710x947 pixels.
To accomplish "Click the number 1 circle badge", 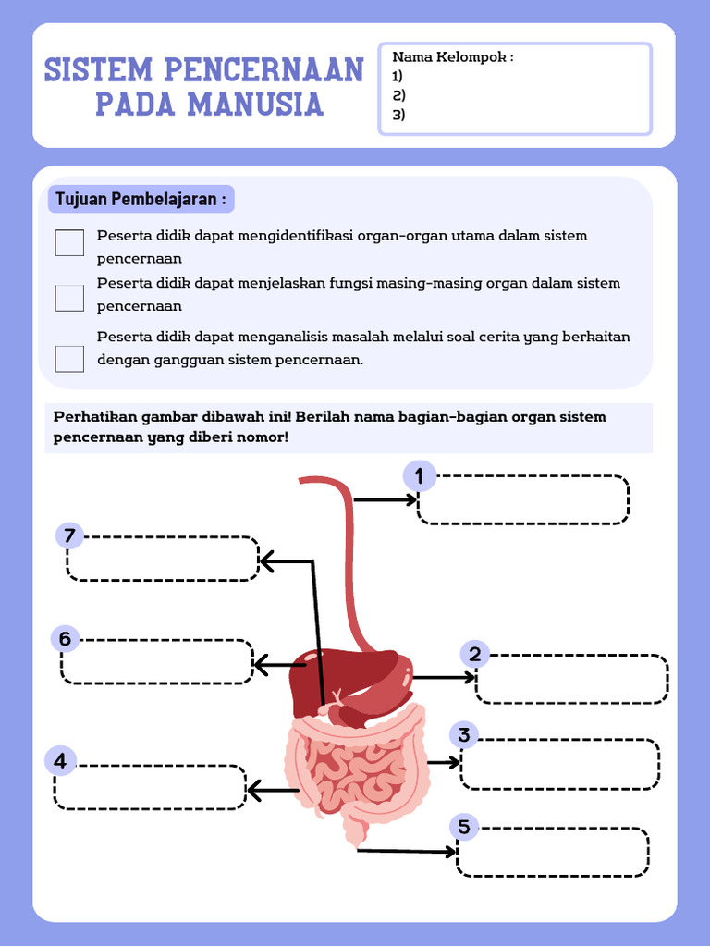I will (419, 477).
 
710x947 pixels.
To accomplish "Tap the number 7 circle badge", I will (69, 536).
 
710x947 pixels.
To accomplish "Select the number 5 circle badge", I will (463, 826).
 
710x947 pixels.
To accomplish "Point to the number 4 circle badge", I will (60, 762).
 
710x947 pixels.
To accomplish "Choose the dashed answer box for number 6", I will (156, 661).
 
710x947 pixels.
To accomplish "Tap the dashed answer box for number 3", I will (559, 764).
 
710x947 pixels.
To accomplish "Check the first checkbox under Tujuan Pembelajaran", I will (69, 242).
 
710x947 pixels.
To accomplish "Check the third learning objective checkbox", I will (69, 358).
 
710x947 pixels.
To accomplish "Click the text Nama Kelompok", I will (452, 57).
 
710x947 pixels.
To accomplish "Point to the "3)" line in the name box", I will (399, 115).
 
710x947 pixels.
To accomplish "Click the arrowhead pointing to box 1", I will (412, 499).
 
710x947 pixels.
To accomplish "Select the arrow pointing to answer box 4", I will (272, 791).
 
